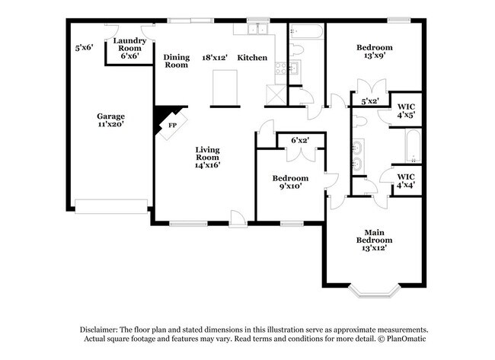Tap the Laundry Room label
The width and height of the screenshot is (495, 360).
[x=129, y=48]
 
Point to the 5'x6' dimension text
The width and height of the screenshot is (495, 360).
[x=84, y=46]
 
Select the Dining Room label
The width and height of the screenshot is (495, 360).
[x=177, y=61]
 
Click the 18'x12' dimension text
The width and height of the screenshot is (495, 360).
[x=216, y=57]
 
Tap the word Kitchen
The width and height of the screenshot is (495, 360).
[x=252, y=57]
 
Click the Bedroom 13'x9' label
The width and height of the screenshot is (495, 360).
[x=375, y=51]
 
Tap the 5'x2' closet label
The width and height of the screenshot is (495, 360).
[x=370, y=100]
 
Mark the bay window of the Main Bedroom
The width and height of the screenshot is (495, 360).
[x=373, y=290]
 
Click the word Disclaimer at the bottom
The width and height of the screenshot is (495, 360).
[x=104, y=328]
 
